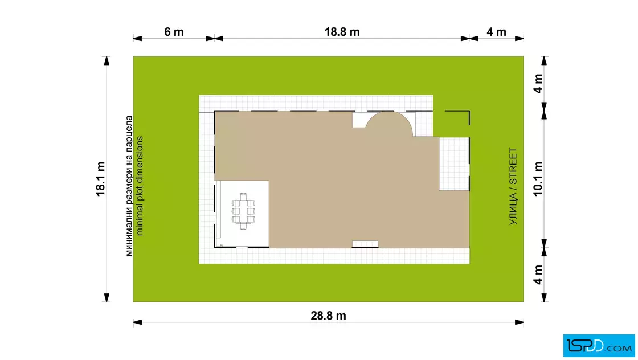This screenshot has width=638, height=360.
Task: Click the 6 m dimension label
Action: point(174,32)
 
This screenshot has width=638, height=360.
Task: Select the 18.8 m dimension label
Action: point(342,32)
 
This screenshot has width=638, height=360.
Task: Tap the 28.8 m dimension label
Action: point(328,316)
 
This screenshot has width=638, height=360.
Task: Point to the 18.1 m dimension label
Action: point(100,179)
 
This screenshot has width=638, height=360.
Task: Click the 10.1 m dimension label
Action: point(538,179)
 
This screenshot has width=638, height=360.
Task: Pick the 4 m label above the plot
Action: point(496,32)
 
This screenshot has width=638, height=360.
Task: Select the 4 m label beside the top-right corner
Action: point(538,84)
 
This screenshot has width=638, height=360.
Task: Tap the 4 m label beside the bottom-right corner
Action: point(538,275)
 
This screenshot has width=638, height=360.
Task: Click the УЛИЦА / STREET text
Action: point(513,186)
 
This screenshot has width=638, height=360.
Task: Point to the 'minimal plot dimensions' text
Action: point(140,186)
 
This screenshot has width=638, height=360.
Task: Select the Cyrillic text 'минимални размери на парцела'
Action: point(129,186)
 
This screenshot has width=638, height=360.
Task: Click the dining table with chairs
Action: point(243,211)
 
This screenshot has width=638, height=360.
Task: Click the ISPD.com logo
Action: point(599,346)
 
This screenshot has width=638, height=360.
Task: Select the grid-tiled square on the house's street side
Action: point(454,163)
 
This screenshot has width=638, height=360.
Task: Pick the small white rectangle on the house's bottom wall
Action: point(365,244)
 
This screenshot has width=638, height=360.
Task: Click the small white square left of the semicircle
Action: point(359,120)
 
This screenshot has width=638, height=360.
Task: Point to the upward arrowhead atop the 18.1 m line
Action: point(107,60)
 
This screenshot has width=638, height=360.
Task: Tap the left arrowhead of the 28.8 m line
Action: point(137,322)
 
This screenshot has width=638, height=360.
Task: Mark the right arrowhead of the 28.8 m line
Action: point(519,322)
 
